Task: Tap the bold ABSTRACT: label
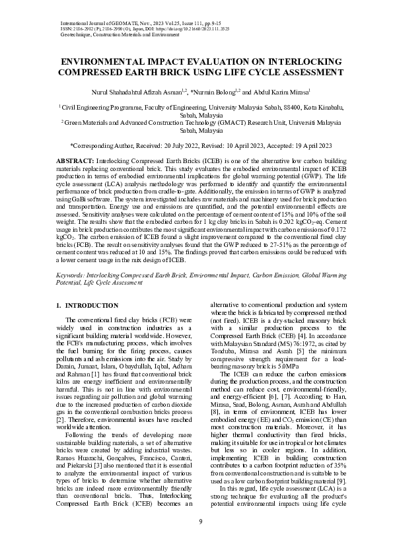75,161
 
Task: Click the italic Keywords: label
72,273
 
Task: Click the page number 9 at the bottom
199,523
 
